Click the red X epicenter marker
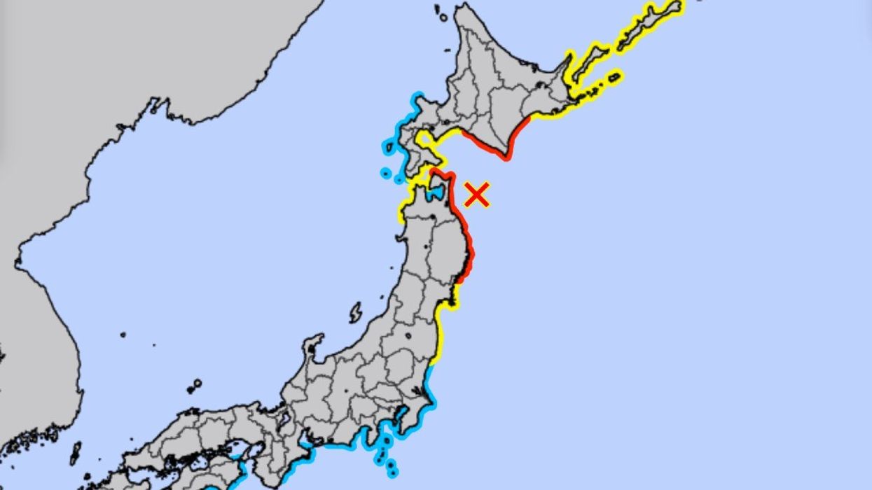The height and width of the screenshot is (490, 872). (x=476, y=195)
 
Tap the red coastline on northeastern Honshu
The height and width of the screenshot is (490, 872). (x=466, y=238)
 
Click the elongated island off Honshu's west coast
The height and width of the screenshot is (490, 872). (x=356, y=312)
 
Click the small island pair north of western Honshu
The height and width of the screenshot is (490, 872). (x=194, y=386)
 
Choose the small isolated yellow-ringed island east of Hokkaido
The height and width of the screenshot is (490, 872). (x=614, y=77)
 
